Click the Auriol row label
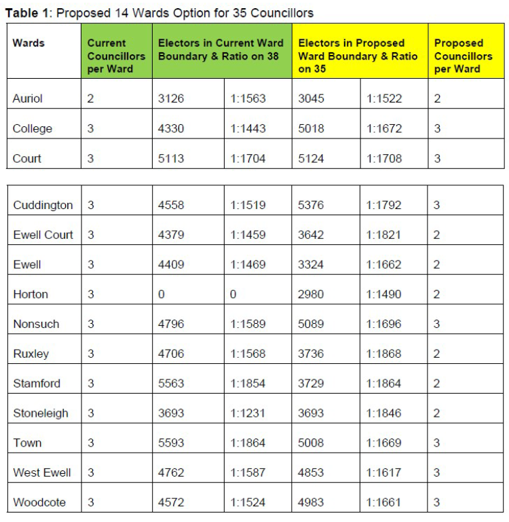pos(27,98)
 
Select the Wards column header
pos(29,43)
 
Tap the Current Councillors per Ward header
pos(116,56)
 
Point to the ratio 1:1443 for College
pos(248,128)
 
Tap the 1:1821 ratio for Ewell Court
pos(384,235)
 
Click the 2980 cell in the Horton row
pos(312,294)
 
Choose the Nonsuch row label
pos(36,324)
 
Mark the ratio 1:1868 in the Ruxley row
pos(384,354)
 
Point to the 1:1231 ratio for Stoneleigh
pos(248,413)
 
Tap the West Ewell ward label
pos(41,472)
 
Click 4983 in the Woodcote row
pos(312,502)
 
